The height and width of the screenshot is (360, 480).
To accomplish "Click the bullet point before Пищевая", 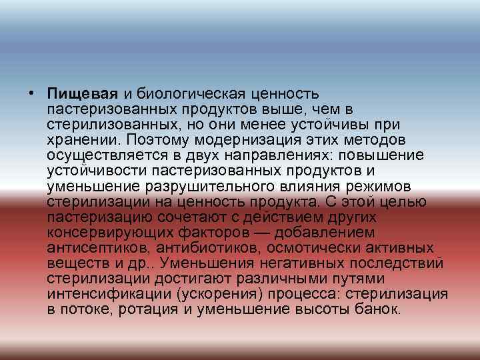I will (32, 92).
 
